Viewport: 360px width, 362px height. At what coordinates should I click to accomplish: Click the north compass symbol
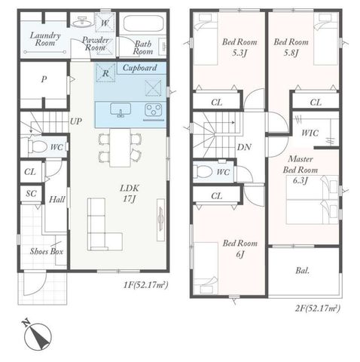[38, 335]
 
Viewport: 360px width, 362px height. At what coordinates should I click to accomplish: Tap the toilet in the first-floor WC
[37, 146]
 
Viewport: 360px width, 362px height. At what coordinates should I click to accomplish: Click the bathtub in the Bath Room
[143, 24]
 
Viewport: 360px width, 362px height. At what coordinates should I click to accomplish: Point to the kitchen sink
[121, 110]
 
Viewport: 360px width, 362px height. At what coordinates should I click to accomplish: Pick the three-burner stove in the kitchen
[153, 110]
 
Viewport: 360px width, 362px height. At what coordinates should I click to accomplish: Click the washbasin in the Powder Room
[82, 22]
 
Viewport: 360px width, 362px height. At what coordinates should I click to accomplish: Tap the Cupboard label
[140, 68]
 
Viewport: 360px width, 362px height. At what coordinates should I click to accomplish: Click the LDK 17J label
[130, 193]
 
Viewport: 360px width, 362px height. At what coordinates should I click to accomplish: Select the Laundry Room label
[45, 39]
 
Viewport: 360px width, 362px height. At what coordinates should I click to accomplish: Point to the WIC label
[310, 133]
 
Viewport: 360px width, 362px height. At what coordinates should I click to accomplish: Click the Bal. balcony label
[303, 271]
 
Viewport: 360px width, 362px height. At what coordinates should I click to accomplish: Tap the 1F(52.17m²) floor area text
[145, 285]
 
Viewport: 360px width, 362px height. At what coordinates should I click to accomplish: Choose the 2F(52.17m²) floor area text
[318, 308]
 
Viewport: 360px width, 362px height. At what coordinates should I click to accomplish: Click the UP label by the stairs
[76, 121]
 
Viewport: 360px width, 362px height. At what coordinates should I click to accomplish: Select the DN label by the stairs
[244, 147]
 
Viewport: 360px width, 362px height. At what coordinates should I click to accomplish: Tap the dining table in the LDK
[120, 148]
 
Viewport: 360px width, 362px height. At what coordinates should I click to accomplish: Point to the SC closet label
[31, 194]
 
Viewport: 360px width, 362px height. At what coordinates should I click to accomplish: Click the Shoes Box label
[47, 251]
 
